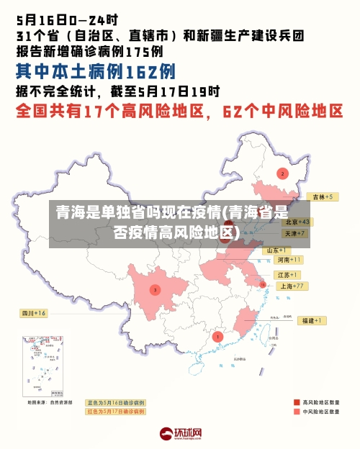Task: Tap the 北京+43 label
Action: click(x=296, y=222)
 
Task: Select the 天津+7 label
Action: click(x=295, y=234)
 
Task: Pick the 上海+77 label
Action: click(x=293, y=286)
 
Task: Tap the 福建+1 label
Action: click(x=312, y=320)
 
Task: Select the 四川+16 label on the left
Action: click(x=33, y=313)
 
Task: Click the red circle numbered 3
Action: click(x=155, y=289)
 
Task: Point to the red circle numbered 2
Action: click(x=283, y=173)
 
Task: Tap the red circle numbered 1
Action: click(x=218, y=336)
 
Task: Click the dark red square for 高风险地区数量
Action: click(x=297, y=402)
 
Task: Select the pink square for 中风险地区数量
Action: click(x=297, y=412)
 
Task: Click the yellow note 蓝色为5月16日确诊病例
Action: click(x=116, y=402)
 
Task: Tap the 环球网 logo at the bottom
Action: click(x=181, y=434)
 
